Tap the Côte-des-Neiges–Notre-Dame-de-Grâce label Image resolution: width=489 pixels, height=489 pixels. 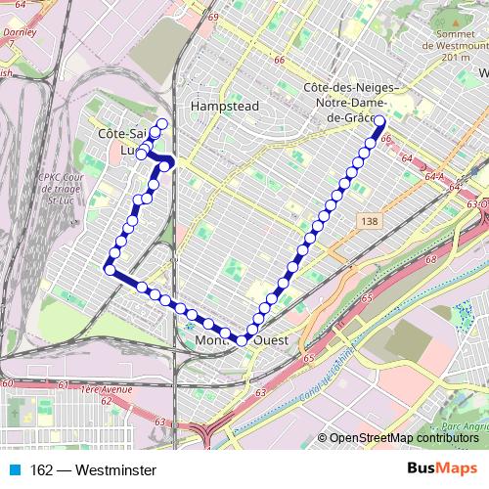pyautogui.click(x=348, y=102)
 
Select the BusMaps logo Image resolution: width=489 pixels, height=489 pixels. pyautogui.click(x=441, y=470)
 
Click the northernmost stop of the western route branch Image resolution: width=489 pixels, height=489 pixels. pyautogui.click(x=161, y=123)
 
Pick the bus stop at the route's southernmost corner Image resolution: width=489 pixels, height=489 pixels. pyautogui.click(x=242, y=340)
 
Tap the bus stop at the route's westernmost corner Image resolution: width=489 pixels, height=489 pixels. pyautogui.click(x=110, y=270)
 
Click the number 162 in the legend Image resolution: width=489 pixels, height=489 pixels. pyautogui.click(x=41, y=470)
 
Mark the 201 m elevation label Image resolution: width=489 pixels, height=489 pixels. pyautogui.click(x=456, y=58)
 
